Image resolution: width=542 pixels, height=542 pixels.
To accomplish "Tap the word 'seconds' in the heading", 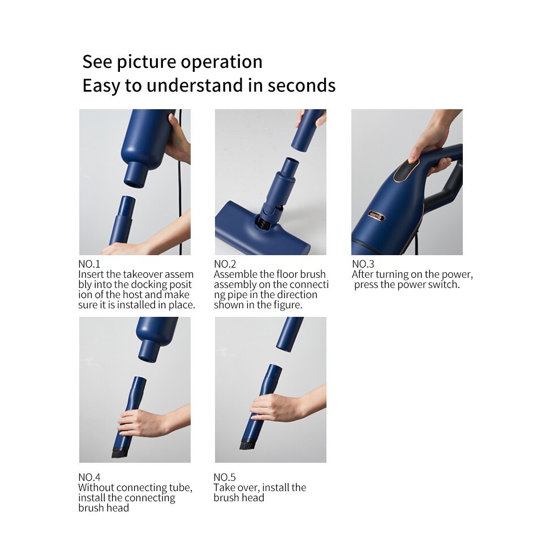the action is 302,85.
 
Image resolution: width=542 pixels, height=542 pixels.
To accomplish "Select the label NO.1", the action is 89,264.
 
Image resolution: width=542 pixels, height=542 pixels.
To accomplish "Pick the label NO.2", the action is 225,264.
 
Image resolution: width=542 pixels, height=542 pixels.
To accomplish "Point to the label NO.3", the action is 363,264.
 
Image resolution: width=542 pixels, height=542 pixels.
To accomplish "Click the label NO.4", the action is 89,478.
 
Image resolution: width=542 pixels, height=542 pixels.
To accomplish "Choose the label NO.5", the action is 225,478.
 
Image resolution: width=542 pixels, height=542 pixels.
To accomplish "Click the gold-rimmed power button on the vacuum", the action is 406,169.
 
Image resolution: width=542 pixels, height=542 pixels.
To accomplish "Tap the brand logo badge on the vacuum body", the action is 376,216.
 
